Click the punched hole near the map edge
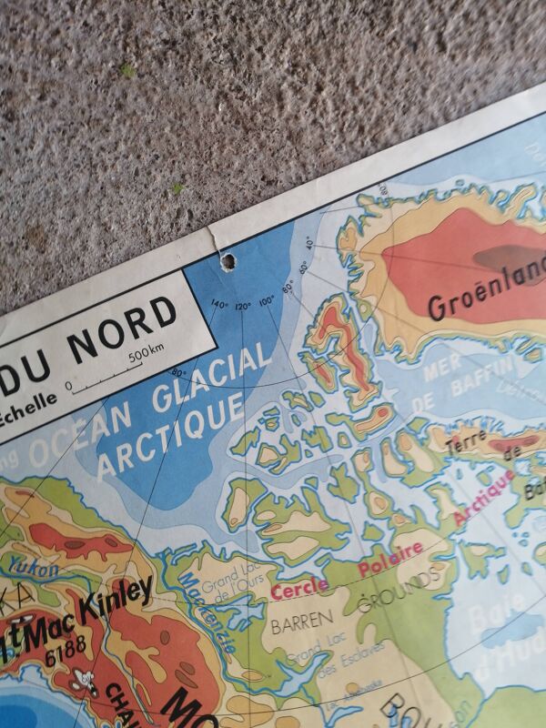(x=227, y=262)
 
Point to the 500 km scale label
(x=147, y=354)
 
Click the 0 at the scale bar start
(x=69, y=385)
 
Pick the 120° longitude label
(x=243, y=304)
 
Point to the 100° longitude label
(x=266, y=299)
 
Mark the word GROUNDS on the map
(x=399, y=589)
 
